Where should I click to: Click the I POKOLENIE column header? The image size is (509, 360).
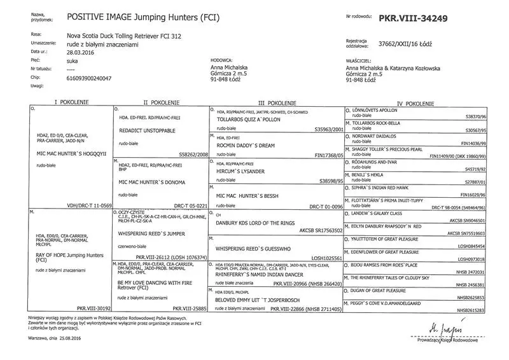click(x=71, y=102)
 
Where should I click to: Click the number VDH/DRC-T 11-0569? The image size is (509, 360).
click(x=85, y=205)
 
